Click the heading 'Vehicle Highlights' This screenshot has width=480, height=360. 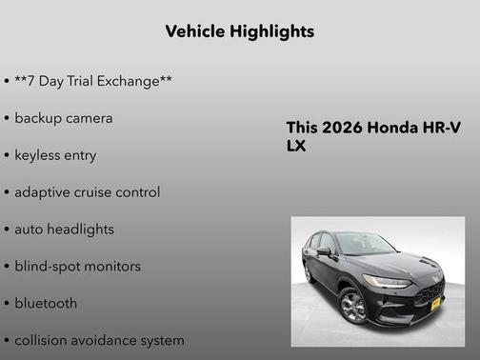[239, 31]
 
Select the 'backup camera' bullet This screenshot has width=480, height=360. [63, 118]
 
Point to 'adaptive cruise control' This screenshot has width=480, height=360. [87, 192]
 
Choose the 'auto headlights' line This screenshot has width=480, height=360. [64, 230]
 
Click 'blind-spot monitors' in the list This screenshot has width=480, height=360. [77, 267]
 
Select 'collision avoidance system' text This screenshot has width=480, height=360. [99, 340]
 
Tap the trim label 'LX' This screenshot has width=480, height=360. [296, 147]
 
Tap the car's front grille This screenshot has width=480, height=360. [430, 291]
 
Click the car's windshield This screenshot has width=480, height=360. [365, 244]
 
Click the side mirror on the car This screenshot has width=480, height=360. [325, 251]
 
